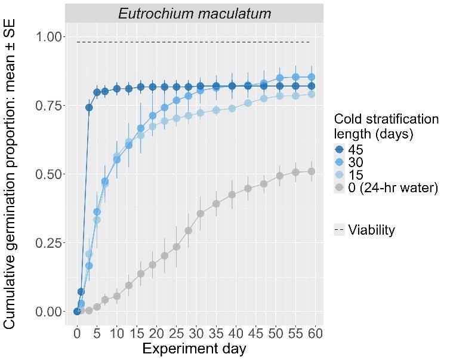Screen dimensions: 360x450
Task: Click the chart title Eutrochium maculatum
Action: pyautogui.click(x=194, y=13)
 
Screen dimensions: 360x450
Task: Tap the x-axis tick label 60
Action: pyautogui.click(x=315, y=333)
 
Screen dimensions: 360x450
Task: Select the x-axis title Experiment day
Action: pyautogui.click(x=194, y=349)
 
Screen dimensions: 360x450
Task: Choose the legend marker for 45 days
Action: pyautogui.click(x=340, y=149)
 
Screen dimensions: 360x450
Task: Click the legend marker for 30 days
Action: pyautogui.click(x=340, y=162)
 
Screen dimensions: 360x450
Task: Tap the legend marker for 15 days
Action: pyautogui.click(x=340, y=175)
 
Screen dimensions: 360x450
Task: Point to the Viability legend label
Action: pyautogui.click(x=371, y=230)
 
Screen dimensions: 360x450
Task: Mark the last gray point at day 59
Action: pyautogui.click(x=311, y=171)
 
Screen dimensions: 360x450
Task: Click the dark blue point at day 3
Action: pyautogui.click(x=89, y=107)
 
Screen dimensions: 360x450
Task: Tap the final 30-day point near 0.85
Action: pyautogui.click(x=311, y=76)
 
